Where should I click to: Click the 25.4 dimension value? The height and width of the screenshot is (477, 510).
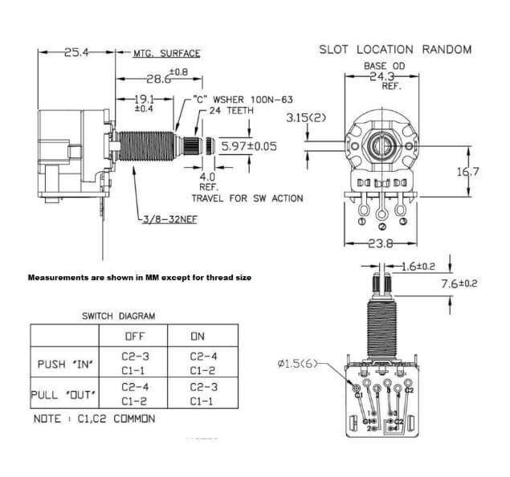(75, 52)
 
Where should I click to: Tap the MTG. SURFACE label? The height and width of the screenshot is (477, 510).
(166, 54)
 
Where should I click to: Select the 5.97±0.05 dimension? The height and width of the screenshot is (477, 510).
(249, 147)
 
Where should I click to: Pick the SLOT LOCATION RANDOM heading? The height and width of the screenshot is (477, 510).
(395, 50)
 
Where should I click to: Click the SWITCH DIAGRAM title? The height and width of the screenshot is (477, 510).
(119, 316)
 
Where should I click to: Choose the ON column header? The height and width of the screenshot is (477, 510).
(198, 337)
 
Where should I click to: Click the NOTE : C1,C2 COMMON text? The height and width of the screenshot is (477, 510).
(95, 419)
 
